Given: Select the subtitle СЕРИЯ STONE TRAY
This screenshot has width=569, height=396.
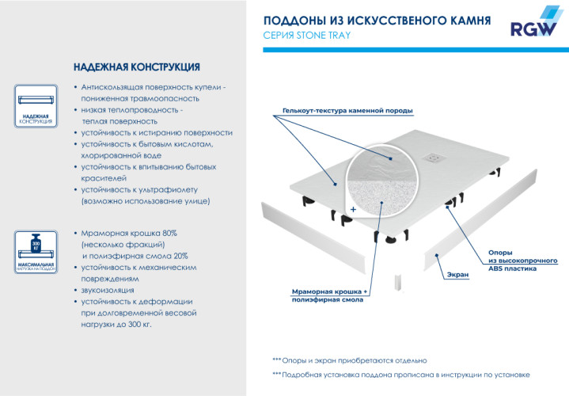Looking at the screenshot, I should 306,36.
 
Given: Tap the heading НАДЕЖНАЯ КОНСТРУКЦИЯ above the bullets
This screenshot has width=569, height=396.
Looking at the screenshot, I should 136,67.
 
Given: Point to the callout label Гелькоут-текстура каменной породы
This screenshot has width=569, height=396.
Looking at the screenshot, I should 347,110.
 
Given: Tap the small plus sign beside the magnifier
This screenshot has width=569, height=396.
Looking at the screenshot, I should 354,210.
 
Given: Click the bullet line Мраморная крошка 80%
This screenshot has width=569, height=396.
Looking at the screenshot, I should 129,234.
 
